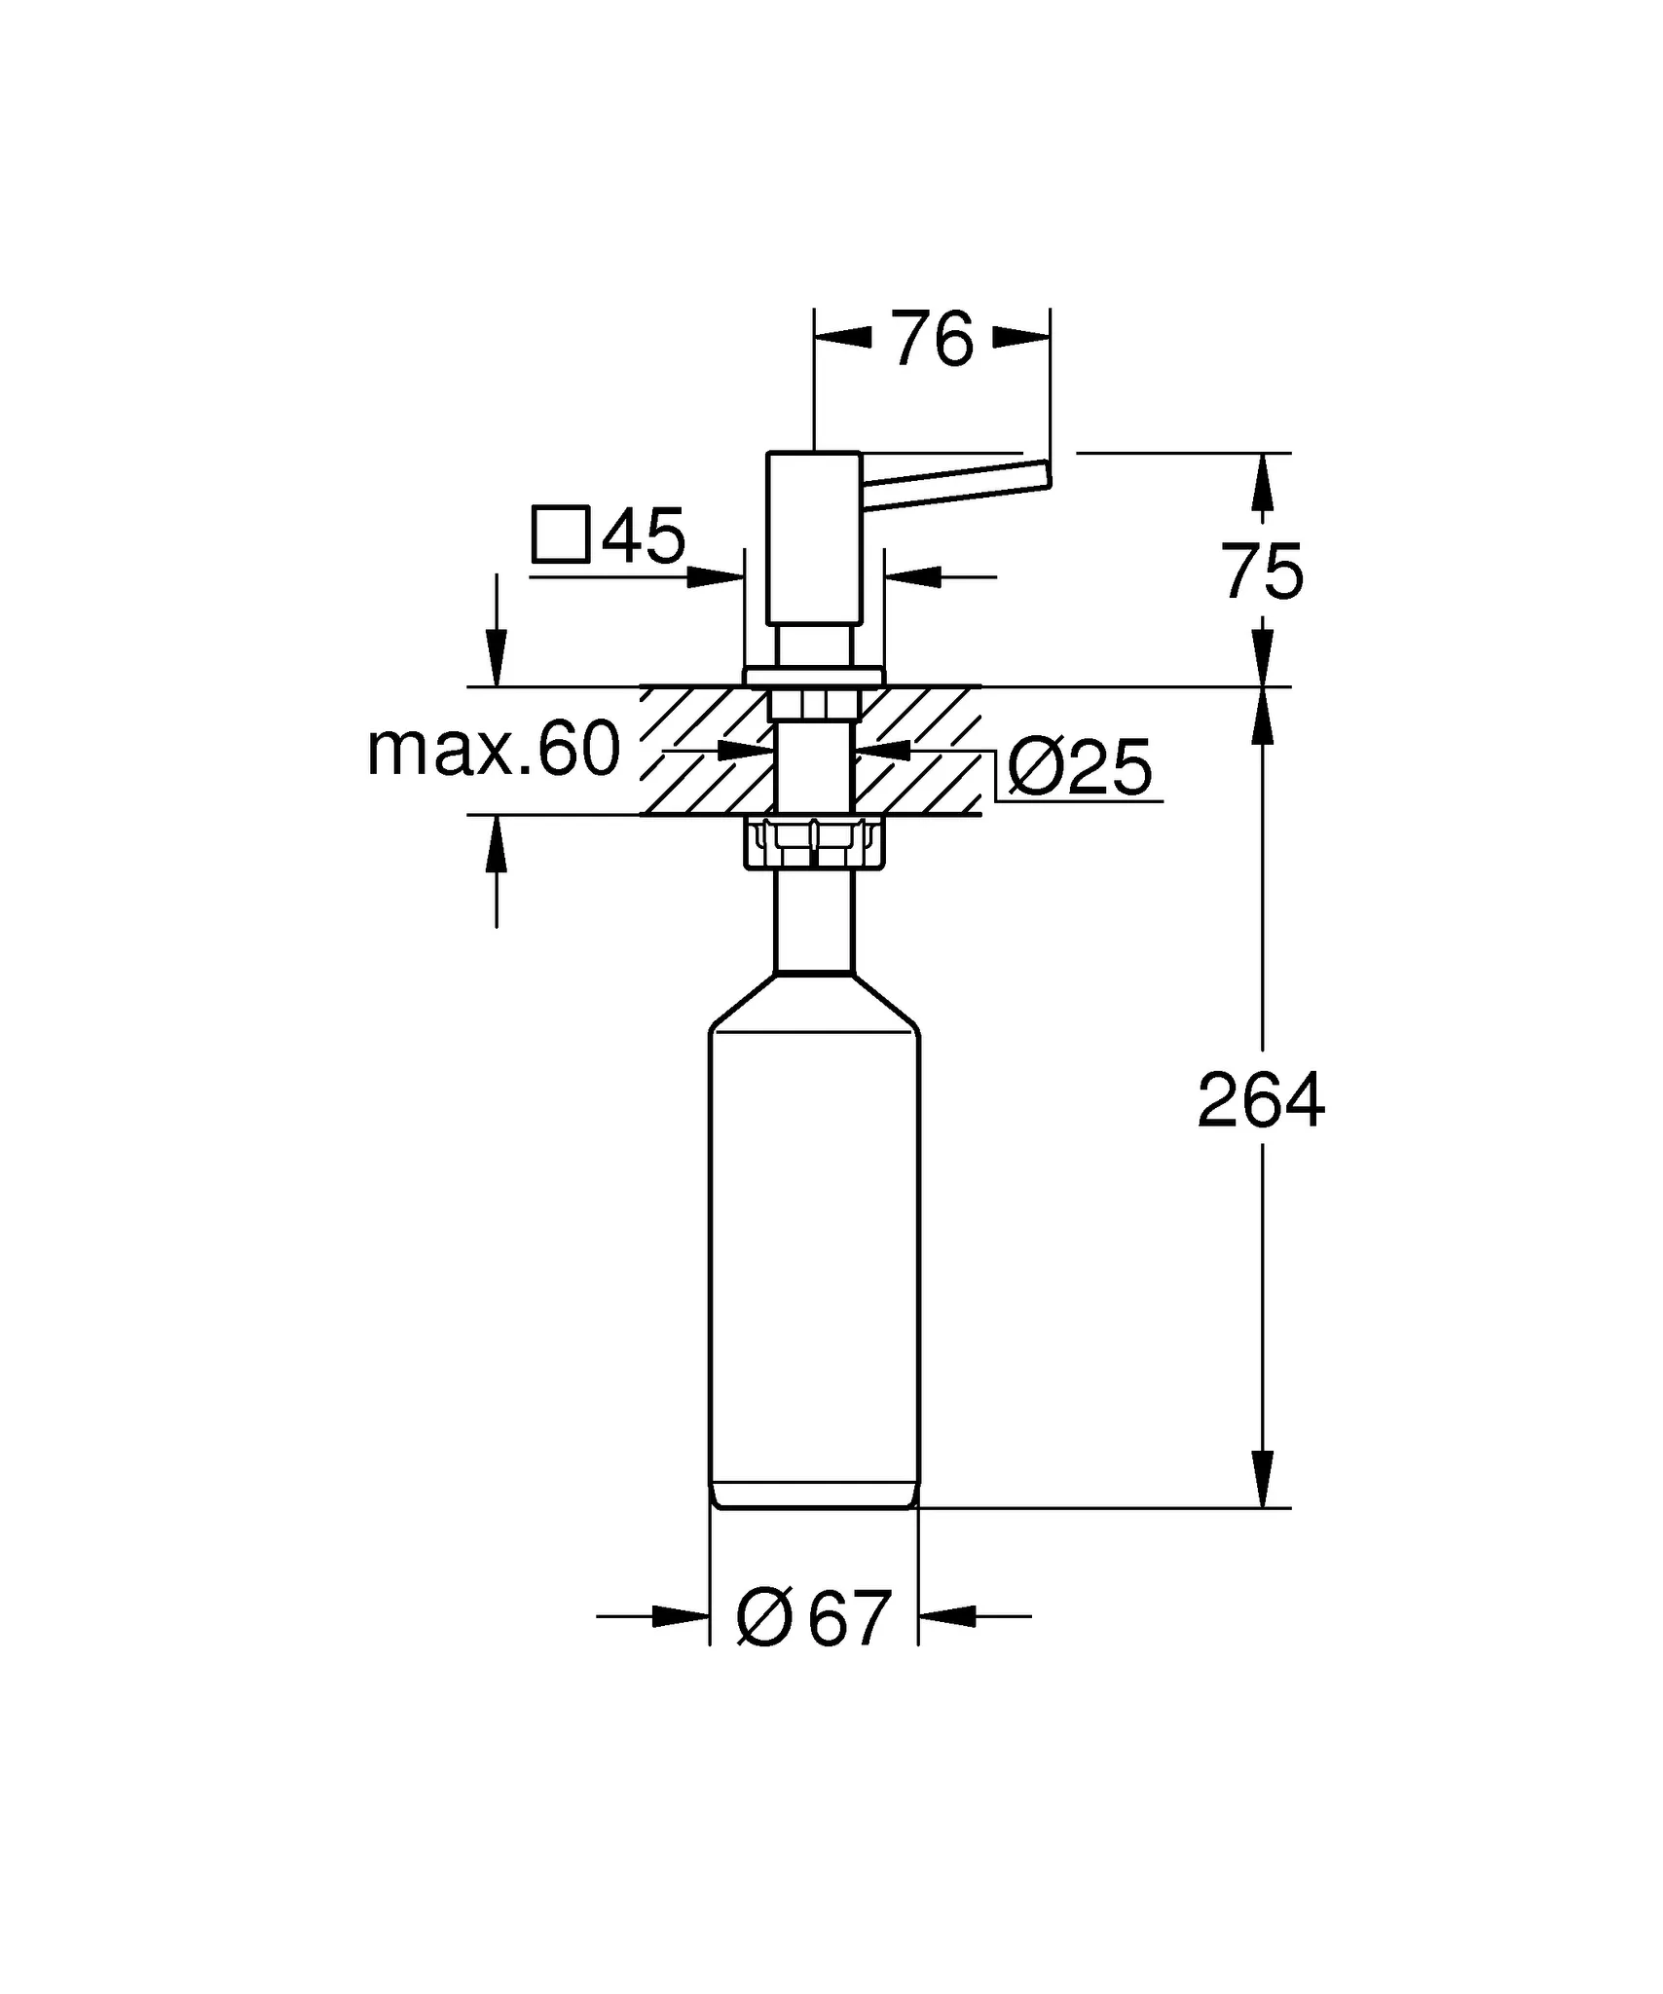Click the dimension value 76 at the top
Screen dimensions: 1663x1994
(933, 339)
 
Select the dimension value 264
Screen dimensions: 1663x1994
(1261, 1100)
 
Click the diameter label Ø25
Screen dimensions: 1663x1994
(1080, 767)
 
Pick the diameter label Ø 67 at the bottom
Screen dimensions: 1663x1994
(814, 1618)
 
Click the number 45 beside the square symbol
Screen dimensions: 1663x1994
(644, 535)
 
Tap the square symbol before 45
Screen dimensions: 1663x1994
(561, 535)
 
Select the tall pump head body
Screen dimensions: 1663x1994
(814, 537)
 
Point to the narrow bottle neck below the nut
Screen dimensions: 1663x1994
(814, 921)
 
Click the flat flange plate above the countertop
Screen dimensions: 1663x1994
(814, 677)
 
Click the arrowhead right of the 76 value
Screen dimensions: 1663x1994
(1021, 338)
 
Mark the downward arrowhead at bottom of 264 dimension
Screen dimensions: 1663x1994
(1263, 1479)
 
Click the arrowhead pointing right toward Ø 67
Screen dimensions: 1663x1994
(681, 1617)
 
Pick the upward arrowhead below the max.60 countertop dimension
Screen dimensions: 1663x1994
(497, 844)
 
